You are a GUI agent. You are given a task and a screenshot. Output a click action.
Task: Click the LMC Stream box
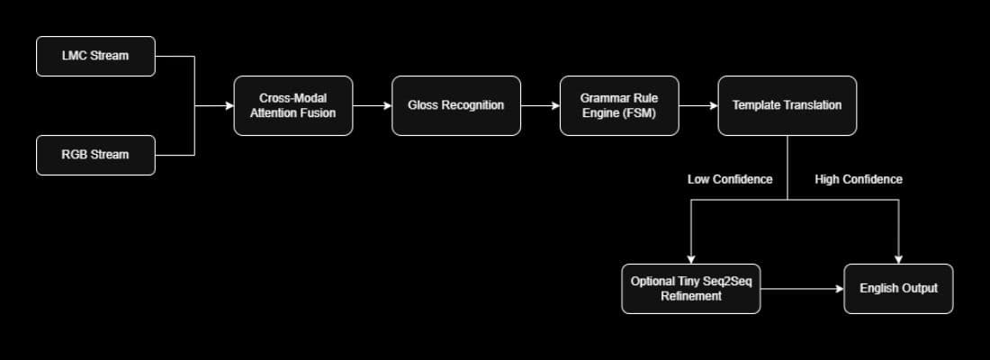click(95, 56)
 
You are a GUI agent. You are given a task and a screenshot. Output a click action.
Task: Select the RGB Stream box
click(95, 155)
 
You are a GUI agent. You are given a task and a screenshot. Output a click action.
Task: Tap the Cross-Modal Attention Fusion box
click(292, 105)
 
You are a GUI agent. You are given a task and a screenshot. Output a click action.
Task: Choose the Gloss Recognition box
click(455, 105)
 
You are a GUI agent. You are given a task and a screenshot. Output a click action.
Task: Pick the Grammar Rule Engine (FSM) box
click(618, 105)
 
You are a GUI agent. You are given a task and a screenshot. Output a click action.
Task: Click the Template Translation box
click(787, 105)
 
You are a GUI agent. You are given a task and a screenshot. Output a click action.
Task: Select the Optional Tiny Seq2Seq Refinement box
click(690, 288)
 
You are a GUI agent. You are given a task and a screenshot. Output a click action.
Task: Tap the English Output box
click(897, 288)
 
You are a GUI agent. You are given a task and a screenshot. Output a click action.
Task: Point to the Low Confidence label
click(730, 179)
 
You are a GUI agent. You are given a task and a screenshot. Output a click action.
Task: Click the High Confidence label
click(858, 179)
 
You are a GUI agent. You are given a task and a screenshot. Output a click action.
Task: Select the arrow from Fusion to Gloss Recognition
click(372, 105)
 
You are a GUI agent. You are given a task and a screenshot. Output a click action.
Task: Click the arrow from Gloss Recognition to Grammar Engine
click(539, 105)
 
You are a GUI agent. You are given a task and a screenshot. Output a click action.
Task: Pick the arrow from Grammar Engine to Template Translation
click(697, 105)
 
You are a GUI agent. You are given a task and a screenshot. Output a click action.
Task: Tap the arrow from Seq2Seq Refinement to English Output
click(801, 289)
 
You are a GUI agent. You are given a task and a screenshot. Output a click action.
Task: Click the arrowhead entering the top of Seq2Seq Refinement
click(690, 257)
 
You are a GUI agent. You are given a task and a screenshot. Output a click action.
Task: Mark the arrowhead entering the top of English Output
click(898, 257)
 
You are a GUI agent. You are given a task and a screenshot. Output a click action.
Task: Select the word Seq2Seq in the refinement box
click(730, 281)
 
